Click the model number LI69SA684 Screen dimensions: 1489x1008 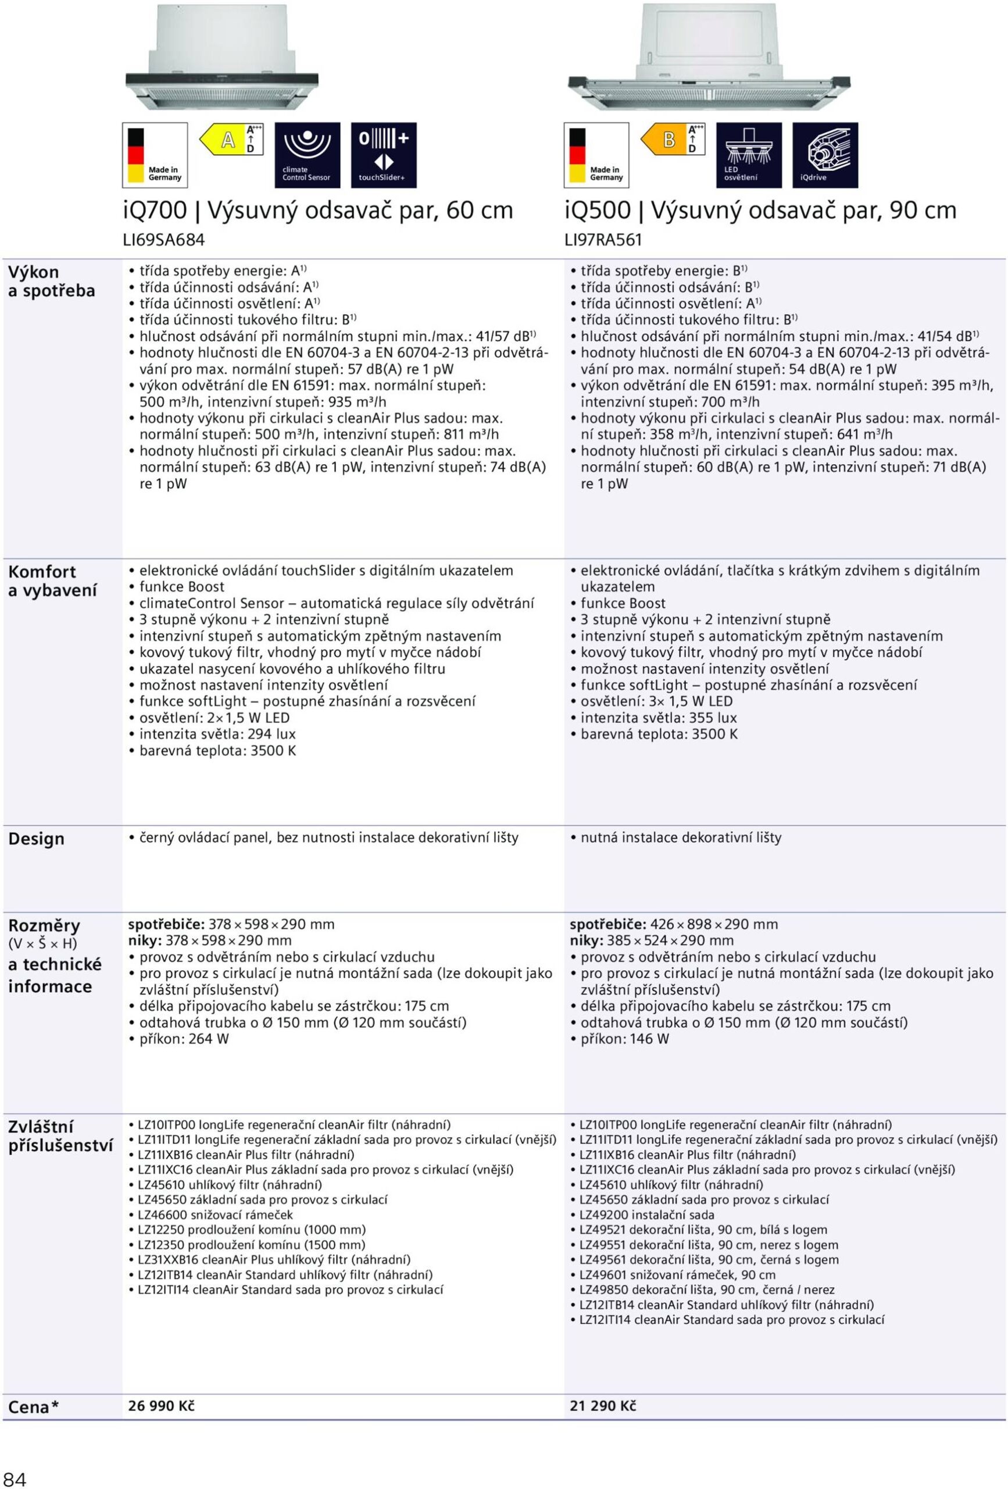[x=163, y=240]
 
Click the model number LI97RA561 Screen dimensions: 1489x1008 [x=603, y=240]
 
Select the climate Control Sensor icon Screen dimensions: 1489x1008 [x=307, y=155]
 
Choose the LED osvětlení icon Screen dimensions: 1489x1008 [x=749, y=155]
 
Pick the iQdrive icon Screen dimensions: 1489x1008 [x=825, y=155]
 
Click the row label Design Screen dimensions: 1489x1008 [x=36, y=839]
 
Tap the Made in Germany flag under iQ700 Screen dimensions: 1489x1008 [x=155, y=155]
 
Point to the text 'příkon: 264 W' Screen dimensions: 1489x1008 [x=184, y=1039]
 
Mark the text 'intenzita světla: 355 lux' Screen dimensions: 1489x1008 [x=658, y=718]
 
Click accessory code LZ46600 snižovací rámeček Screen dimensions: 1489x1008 [x=215, y=1214]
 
